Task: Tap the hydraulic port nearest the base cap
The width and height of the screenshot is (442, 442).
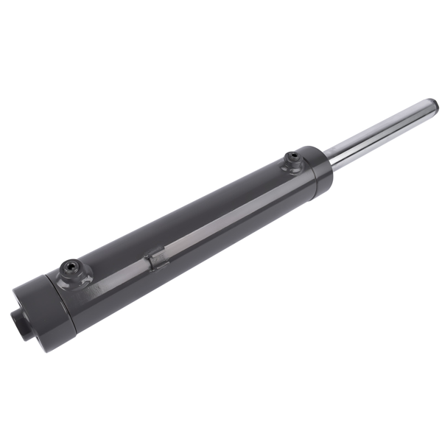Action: pos(71,270)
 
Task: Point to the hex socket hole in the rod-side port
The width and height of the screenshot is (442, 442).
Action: pos(292,157)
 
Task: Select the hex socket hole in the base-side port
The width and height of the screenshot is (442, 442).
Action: pos(70,265)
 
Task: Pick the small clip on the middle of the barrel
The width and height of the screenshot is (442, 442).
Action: pos(155,259)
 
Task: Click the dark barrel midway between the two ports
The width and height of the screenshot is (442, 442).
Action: pos(184,221)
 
